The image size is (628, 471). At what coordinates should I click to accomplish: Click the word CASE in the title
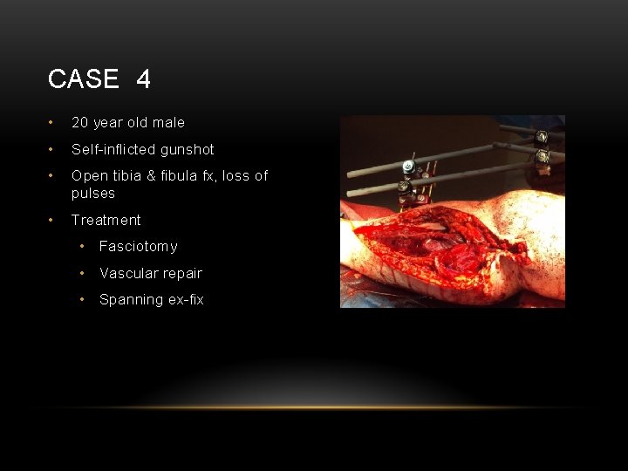(83, 79)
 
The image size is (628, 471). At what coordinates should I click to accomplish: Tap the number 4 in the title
(143, 79)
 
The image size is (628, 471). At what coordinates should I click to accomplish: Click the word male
(167, 123)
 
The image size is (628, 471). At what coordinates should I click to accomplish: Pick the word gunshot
(187, 149)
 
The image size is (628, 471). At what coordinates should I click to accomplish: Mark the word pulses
(92, 194)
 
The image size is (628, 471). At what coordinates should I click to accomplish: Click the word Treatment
(106, 220)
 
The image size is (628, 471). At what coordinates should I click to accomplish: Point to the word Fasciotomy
(138, 247)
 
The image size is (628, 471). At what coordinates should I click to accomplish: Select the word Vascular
(126, 273)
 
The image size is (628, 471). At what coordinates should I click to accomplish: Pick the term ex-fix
(185, 299)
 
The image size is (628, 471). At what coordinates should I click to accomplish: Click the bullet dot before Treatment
(53, 220)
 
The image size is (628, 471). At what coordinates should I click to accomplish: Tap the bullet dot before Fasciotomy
(82, 247)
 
